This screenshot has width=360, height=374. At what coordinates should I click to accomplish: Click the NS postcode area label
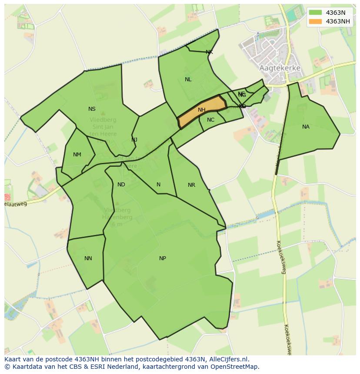pyautogui.click(x=92, y=109)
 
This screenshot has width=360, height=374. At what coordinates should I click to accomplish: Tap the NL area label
pyautogui.click(x=188, y=79)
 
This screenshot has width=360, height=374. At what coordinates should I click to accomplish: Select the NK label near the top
pyautogui.click(x=209, y=52)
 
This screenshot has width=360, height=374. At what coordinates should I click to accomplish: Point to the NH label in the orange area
pyautogui.click(x=201, y=110)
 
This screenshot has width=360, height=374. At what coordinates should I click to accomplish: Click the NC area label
pyautogui.click(x=210, y=120)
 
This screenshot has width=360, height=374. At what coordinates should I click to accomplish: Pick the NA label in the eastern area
pyautogui.click(x=306, y=127)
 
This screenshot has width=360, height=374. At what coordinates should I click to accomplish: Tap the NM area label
pyautogui.click(x=77, y=155)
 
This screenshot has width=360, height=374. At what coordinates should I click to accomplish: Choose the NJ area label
pyautogui.click(x=134, y=139)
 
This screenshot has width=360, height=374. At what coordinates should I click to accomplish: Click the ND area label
pyautogui.click(x=121, y=185)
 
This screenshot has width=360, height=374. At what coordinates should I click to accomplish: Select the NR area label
pyautogui.click(x=191, y=185)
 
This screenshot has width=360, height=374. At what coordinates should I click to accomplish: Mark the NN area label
pyautogui.click(x=88, y=258)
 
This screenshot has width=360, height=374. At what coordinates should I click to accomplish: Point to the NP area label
pyautogui.click(x=163, y=258)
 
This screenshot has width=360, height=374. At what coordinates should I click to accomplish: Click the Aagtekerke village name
pyautogui.click(x=280, y=68)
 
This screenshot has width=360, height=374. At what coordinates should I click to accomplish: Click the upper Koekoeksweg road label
pyautogui.click(x=281, y=258)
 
